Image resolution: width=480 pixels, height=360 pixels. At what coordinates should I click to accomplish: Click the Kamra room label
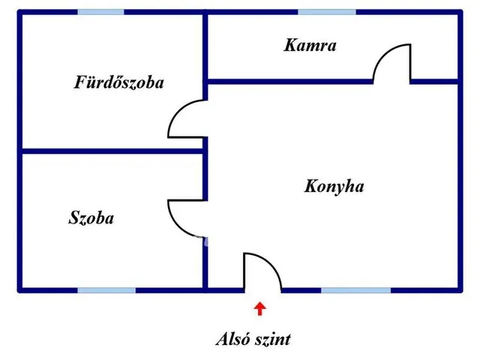[310, 45]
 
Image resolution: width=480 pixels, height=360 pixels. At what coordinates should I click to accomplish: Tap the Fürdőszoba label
[119, 82]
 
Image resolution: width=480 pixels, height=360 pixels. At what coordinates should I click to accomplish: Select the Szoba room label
[91, 218]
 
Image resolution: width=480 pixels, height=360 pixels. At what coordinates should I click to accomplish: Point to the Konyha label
[334, 187]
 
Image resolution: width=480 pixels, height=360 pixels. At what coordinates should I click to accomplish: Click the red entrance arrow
[260, 308]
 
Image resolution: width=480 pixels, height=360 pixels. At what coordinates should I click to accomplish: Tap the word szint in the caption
[273, 340]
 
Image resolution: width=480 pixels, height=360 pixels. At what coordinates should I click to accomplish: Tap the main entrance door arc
[271, 263]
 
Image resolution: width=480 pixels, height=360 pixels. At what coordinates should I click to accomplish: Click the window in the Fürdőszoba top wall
[100, 12]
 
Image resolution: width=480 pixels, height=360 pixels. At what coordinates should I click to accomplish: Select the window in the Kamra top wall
[327, 12]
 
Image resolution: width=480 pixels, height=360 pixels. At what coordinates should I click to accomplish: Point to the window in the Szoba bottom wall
[106, 290]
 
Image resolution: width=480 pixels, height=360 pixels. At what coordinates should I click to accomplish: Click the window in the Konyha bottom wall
[355, 290]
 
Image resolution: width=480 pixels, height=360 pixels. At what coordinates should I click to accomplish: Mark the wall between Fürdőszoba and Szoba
[112, 151]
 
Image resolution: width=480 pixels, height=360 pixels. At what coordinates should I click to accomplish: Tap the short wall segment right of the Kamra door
[435, 82]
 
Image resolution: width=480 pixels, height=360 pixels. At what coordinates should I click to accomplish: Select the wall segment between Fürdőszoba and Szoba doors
[205, 169]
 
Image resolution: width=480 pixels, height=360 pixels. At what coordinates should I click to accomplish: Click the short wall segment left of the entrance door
[226, 290]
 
